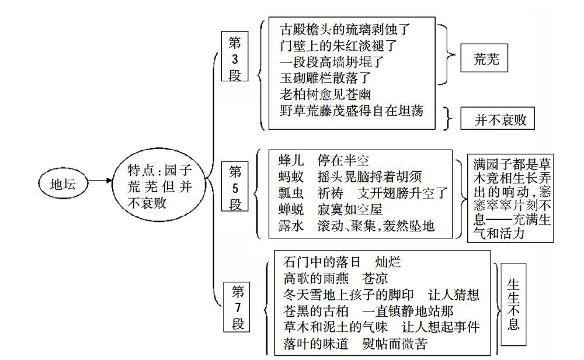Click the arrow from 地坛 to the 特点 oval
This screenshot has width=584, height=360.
click(100, 181)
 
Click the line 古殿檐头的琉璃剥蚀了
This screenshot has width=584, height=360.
click(345, 29)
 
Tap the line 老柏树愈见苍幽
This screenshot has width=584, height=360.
click(325, 94)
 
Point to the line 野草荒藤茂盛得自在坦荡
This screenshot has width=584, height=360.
click(352, 110)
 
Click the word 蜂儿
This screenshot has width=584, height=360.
click(291, 160)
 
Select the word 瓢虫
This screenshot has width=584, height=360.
click(291, 193)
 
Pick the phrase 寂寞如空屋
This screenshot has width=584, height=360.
click(350, 209)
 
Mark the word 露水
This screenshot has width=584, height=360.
click(291, 226)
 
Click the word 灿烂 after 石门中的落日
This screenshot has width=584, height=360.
click(388, 262)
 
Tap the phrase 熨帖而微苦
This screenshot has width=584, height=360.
click(395, 343)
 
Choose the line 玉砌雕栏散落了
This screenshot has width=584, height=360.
click(325, 78)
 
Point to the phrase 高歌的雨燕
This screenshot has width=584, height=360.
click(316, 278)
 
